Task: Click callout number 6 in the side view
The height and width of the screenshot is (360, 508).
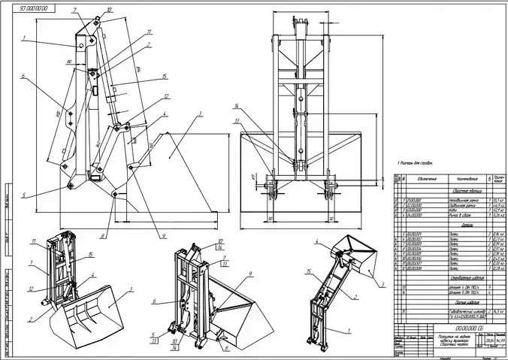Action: click(23, 76)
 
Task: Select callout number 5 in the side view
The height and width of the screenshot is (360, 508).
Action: click(23, 195)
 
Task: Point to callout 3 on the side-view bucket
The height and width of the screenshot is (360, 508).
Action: click(201, 114)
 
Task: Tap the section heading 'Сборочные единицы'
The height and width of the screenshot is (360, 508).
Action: click(463, 192)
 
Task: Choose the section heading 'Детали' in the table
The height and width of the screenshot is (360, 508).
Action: click(463, 225)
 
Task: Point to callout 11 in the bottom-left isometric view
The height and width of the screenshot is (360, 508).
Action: click(34, 241)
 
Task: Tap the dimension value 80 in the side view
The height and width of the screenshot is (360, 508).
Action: click(68, 62)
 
